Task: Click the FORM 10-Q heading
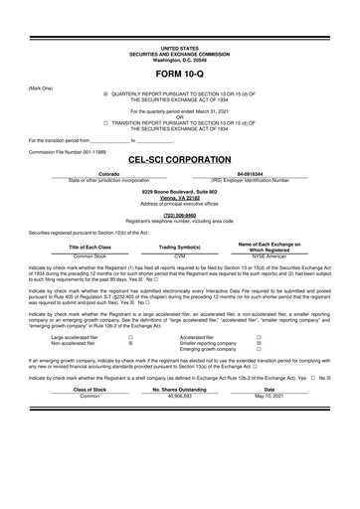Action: tap(179, 74)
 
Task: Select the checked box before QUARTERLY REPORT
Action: tap(106, 92)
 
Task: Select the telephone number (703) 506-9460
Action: tap(179, 214)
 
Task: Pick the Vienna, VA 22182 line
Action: tap(179, 196)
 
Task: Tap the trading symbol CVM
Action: tap(180, 255)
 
